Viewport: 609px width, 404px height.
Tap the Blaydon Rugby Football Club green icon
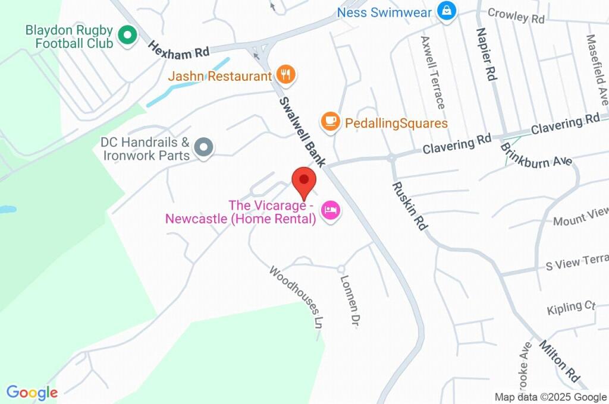(126, 35)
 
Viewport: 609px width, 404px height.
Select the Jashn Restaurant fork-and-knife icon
(287, 75)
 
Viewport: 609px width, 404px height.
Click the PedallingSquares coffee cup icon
(330, 122)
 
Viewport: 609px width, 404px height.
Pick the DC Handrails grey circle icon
(204, 147)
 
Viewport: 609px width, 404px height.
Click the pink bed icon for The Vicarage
(330, 210)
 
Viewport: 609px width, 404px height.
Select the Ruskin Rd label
(410, 206)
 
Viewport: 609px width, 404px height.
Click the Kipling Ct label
(571, 307)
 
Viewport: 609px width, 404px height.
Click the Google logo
(32, 393)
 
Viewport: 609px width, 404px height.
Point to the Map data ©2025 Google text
(551, 397)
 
